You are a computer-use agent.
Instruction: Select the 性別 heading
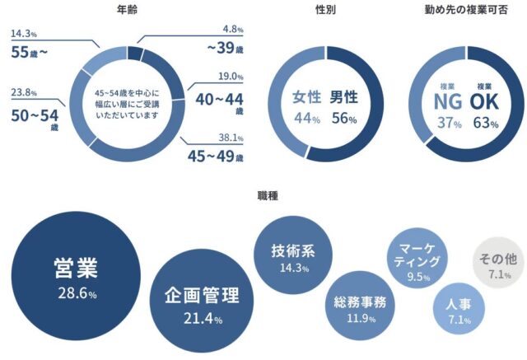[x=326, y=10]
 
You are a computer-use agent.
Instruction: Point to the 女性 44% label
[x=306, y=107]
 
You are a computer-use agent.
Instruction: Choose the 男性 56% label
[x=344, y=107]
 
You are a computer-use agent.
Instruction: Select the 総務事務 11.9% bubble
[x=360, y=307]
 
